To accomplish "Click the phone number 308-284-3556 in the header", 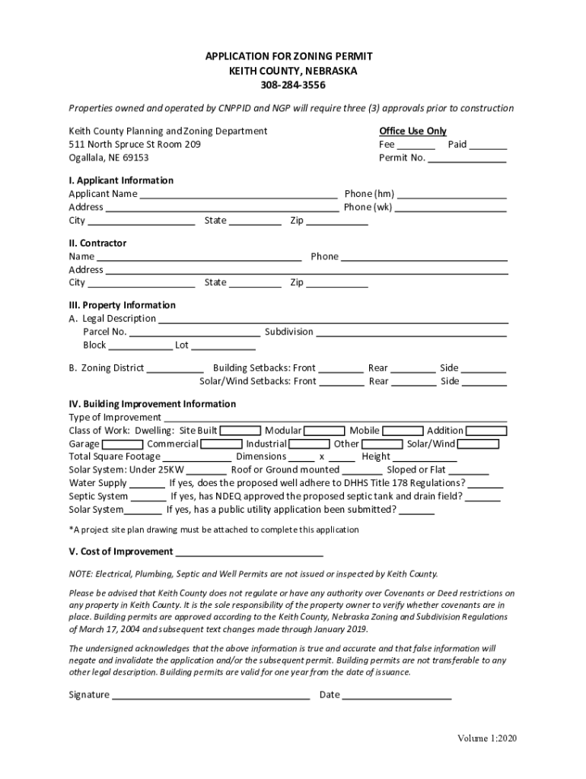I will pyautogui.click(x=293, y=84).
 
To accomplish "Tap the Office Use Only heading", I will pyautogui.click(x=412, y=131).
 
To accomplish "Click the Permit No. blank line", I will pyautogui.click(x=467, y=159).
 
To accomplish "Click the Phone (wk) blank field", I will pyautogui.click(x=451, y=208).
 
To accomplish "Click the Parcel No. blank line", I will pyautogui.click(x=194, y=332).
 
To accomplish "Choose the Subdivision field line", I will pyautogui.click(x=411, y=332).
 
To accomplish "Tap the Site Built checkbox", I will pyautogui.click(x=240, y=431).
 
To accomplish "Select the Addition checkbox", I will pyautogui.click(x=486, y=431).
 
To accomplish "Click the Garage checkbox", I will pyautogui.click(x=123, y=444).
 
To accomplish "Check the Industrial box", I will pyautogui.click(x=310, y=444).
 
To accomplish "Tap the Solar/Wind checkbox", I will pyautogui.click(x=479, y=444).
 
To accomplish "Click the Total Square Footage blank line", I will pyautogui.click(x=197, y=458).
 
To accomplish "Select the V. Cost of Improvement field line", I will pyautogui.click(x=250, y=553).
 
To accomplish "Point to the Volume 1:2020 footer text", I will pyautogui.click(x=487, y=739).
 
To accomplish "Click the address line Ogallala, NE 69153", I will pyautogui.click(x=109, y=157).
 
